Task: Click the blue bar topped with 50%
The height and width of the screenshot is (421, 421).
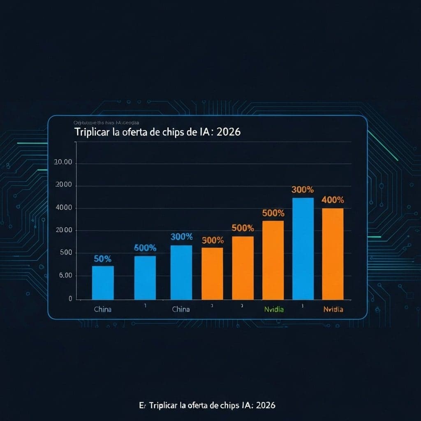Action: click(x=103, y=282)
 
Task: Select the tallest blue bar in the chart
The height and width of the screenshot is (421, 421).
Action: click(x=303, y=248)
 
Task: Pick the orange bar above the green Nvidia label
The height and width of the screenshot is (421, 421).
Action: click(x=273, y=260)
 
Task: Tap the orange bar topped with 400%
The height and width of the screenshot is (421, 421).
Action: click(x=333, y=254)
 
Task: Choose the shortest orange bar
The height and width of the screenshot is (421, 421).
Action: click(x=212, y=273)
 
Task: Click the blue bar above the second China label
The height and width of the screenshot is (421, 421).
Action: click(x=181, y=272)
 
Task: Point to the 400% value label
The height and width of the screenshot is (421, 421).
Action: click(x=333, y=200)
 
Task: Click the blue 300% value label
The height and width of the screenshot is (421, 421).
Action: click(x=181, y=237)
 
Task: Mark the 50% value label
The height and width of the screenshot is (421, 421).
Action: click(x=102, y=259)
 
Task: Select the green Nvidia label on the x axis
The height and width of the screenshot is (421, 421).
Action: click(x=274, y=309)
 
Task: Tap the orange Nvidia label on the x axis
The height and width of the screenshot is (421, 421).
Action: click(x=333, y=309)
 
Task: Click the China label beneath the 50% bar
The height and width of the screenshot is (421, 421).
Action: click(x=102, y=309)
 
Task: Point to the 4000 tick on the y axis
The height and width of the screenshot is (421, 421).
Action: click(x=63, y=208)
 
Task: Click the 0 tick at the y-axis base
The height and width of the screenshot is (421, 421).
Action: click(x=70, y=299)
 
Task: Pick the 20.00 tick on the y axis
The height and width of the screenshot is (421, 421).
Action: click(x=63, y=163)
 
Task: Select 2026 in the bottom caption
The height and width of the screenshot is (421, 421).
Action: click(x=265, y=405)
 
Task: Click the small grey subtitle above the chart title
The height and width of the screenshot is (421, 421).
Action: click(x=106, y=123)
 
